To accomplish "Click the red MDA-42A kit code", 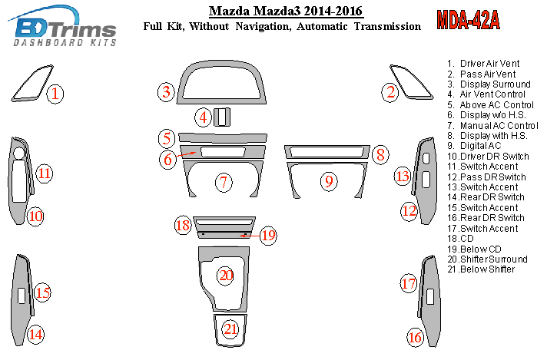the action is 468,20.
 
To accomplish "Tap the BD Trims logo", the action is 62,26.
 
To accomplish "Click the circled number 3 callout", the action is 166,92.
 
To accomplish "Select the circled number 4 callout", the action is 203,117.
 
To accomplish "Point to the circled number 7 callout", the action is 224,182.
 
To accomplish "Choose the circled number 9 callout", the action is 329,181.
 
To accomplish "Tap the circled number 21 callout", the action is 230,329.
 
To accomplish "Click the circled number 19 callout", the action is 268,236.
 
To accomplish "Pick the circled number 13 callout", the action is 403,176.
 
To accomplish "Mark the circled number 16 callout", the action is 415,337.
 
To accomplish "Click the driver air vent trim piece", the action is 32,83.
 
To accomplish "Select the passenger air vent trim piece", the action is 412,82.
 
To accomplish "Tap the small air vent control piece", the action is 222,117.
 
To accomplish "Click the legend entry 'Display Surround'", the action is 489,84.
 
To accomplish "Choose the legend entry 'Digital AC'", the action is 475,146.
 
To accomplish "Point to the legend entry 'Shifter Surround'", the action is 487,259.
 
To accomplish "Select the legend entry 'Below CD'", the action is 475,249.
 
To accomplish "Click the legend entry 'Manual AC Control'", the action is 493,125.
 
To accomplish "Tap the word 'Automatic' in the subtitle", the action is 322,27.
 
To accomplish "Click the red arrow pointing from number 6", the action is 185,155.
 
